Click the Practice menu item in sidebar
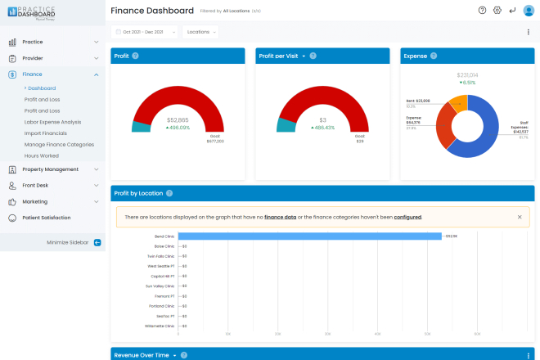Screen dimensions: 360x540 [33, 41]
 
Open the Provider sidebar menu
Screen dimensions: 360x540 [33, 58]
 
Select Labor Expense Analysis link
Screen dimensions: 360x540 [52, 122]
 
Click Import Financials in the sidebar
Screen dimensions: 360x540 [46, 133]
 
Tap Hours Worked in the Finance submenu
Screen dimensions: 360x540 [42, 155]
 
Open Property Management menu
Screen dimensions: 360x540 [50, 169]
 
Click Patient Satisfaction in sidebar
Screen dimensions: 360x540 [46, 218]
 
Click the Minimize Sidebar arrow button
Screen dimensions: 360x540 [97, 242]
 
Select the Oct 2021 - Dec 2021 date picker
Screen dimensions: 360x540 [144, 32]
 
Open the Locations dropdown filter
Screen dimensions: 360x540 [200, 32]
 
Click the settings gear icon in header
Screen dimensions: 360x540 [497, 11]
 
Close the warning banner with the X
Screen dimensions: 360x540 [519, 217]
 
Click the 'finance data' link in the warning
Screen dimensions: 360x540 [280, 217]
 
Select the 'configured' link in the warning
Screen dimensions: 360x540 [407, 217]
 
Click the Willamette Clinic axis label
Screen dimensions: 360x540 [160, 326]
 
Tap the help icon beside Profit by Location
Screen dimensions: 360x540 [169, 194]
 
